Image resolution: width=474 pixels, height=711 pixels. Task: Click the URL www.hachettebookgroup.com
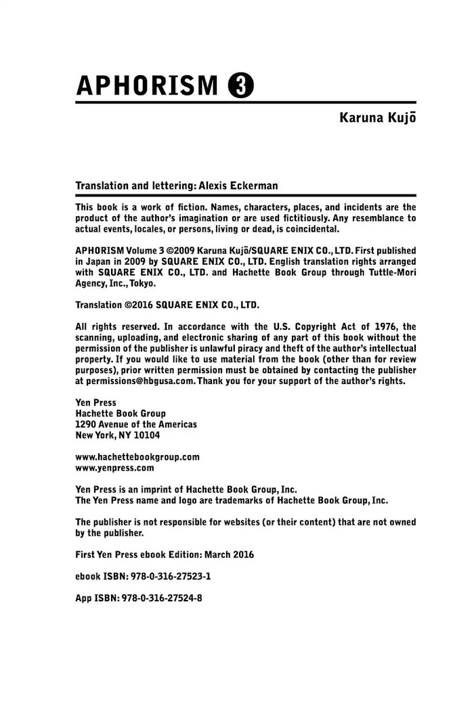(137, 456)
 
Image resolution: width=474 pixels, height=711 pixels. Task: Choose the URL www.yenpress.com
(114, 467)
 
